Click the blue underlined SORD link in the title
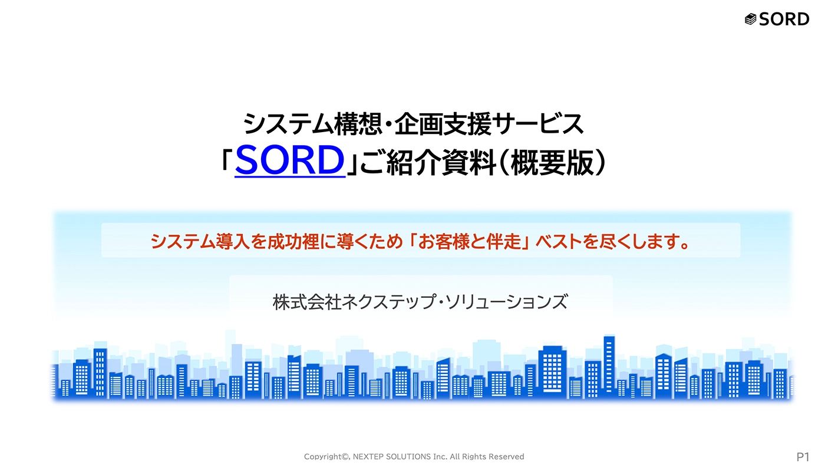click(290, 160)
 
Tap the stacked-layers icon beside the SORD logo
click(750, 19)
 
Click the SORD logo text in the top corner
click(784, 19)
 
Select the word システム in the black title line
click(288, 124)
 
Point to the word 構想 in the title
click(358, 124)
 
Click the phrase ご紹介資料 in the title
click(428, 163)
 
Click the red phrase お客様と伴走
click(470, 241)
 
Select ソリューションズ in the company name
click(506, 302)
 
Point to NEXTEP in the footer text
click(368, 457)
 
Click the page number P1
click(803, 457)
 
